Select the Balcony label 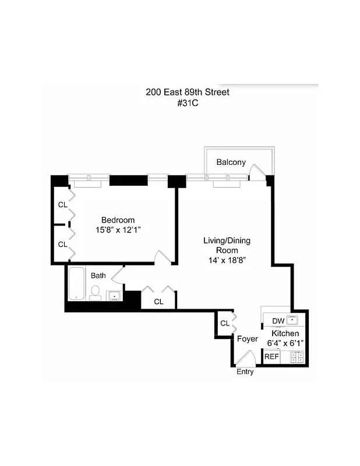coord(231,162)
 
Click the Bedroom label coord(118,220)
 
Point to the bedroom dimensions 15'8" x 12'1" coord(118,230)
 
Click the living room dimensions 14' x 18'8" coord(227,260)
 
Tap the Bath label coord(98,276)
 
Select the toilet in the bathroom coord(96,291)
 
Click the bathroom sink coord(114,296)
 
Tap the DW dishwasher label coord(277,320)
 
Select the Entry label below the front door coord(245,372)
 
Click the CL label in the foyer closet coord(224,324)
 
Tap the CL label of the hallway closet coord(158,302)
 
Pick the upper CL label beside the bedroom coord(62,205)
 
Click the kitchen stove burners coord(298,356)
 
